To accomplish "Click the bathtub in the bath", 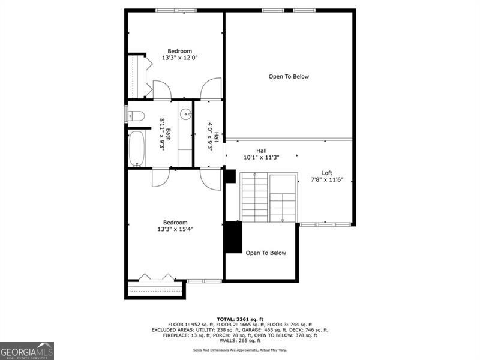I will pyautogui.click(x=137, y=148).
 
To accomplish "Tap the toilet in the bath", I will pyautogui.click(x=136, y=115).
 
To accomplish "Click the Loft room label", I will pyautogui.click(x=327, y=173).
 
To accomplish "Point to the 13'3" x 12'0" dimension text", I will pyautogui.click(x=179, y=58).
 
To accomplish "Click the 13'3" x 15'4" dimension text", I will pyautogui.click(x=175, y=229).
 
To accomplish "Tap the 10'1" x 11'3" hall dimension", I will pyautogui.click(x=261, y=158).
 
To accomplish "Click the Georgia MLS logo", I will pyautogui.click(x=27, y=350).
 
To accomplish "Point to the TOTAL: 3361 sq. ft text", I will pyautogui.click(x=239, y=319).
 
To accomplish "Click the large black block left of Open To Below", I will pyautogui.click(x=232, y=238).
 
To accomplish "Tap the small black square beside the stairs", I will pyautogui.click(x=229, y=176).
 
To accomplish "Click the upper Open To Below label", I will pyautogui.click(x=289, y=76).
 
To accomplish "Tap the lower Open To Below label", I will pyautogui.click(x=266, y=253).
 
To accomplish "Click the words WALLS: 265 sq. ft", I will pyautogui.click(x=239, y=341).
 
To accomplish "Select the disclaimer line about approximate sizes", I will pyautogui.click(x=239, y=350).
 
